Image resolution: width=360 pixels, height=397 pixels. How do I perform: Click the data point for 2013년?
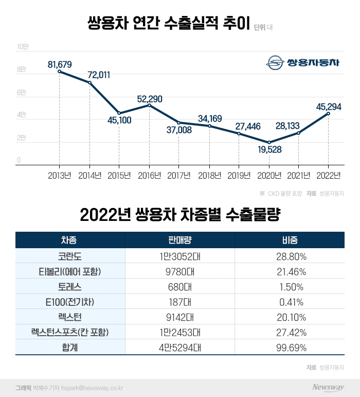[60, 71]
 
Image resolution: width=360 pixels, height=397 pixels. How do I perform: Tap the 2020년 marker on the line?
[269, 142]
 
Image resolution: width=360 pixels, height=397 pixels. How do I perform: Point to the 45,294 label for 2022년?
[329, 106]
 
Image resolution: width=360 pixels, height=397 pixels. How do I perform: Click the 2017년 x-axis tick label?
[178, 176]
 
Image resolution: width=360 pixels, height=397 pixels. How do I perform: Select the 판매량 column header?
[179, 240]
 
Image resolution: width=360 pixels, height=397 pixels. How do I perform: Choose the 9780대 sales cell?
[179, 271]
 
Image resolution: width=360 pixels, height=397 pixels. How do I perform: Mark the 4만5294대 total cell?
[179, 348]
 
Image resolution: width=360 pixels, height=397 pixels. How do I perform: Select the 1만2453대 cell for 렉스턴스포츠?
[179, 332]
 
